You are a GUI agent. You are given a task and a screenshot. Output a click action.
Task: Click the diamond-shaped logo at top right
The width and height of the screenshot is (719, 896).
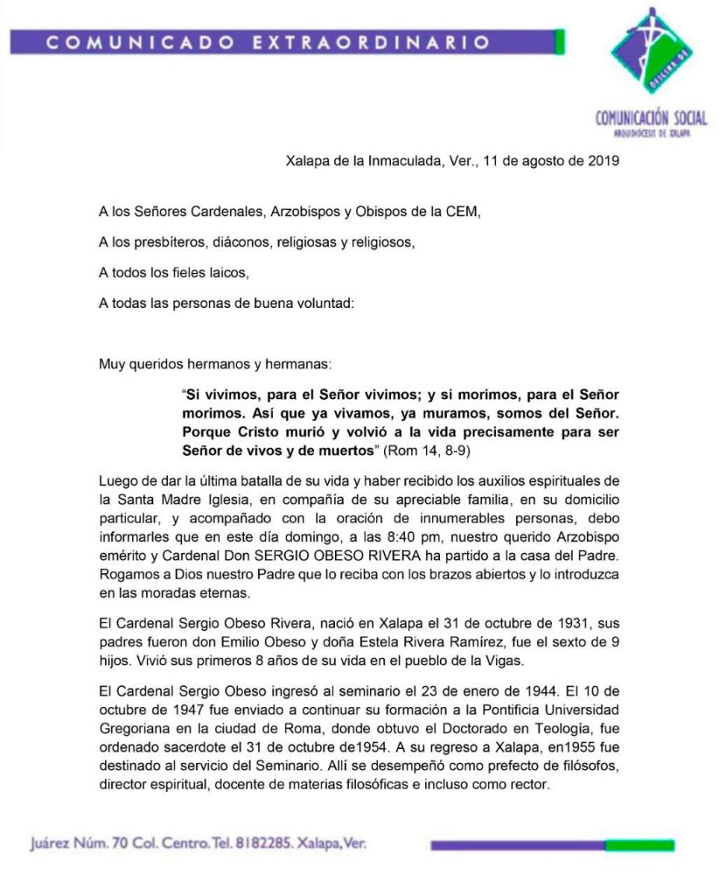(648, 54)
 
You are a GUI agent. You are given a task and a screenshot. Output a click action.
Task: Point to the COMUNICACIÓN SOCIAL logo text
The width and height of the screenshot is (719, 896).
(650, 119)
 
